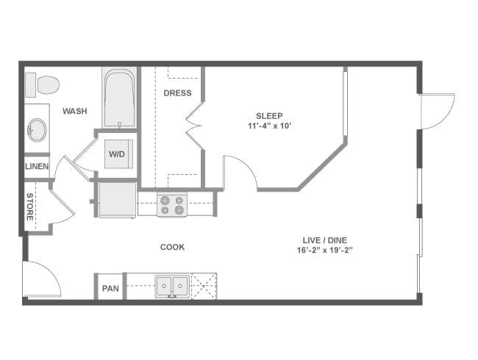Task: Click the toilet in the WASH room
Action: click(42, 85)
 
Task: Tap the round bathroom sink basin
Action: click(38, 130)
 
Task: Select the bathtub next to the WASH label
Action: click(119, 98)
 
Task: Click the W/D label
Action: click(117, 154)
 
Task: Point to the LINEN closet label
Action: click(37, 166)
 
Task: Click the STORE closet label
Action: click(29, 206)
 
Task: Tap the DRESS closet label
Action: click(177, 93)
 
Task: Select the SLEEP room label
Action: click(269, 116)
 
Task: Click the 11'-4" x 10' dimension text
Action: click(268, 126)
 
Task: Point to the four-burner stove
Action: click(172, 205)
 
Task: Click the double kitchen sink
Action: click(172, 287)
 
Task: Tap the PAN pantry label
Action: click(110, 288)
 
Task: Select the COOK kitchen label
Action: click(173, 247)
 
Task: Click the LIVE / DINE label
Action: click(325, 240)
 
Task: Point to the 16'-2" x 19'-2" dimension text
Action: click(325, 251)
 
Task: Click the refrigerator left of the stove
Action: click(118, 200)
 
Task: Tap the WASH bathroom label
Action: click(75, 111)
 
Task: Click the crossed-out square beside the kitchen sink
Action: click(204, 286)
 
